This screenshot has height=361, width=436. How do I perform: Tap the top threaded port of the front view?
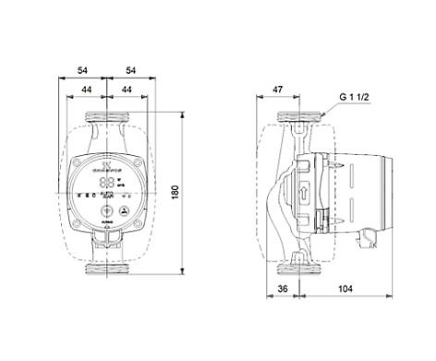(109, 119)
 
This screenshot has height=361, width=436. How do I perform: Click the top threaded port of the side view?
(297, 119)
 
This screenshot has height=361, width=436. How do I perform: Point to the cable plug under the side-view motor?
(323, 223)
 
